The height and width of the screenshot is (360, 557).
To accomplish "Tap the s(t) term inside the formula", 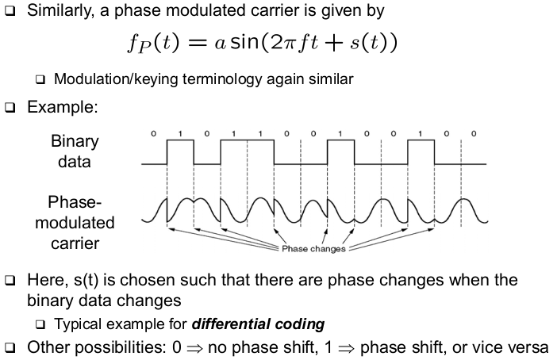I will click(373, 42).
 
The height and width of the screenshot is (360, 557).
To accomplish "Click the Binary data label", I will click(75, 151).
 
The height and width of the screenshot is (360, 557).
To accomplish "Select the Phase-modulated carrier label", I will click(75, 223).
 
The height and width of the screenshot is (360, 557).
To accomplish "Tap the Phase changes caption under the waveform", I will click(313, 249).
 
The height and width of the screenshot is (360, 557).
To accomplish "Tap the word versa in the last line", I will click(527, 347).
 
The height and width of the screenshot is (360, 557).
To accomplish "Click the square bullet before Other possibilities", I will click(10, 348).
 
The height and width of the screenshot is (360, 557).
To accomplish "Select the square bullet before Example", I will click(10, 107).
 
